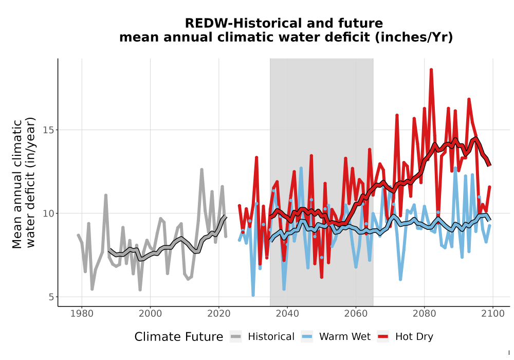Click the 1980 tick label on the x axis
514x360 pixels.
click(82, 314)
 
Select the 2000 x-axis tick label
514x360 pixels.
click(150, 314)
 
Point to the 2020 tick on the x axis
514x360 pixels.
click(218, 314)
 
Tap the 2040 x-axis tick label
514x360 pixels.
click(287, 314)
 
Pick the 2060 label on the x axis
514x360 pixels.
click(356, 314)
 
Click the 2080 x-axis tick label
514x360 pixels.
click(424, 314)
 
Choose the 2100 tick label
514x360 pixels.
click(493, 314)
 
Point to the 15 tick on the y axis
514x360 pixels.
click(48, 130)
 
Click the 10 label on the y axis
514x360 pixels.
click(48, 213)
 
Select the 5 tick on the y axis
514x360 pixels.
click(51, 297)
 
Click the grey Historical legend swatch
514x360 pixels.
click(236, 337)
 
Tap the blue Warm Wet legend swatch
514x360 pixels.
click(307, 337)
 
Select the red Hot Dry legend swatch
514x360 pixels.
click(383, 337)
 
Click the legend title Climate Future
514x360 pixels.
click(179, 337)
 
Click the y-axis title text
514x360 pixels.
click(23, 183)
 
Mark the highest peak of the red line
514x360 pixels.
click(431, 69)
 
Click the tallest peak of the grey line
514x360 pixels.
click(201, 170)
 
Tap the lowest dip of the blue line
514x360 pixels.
click(253, 295)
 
